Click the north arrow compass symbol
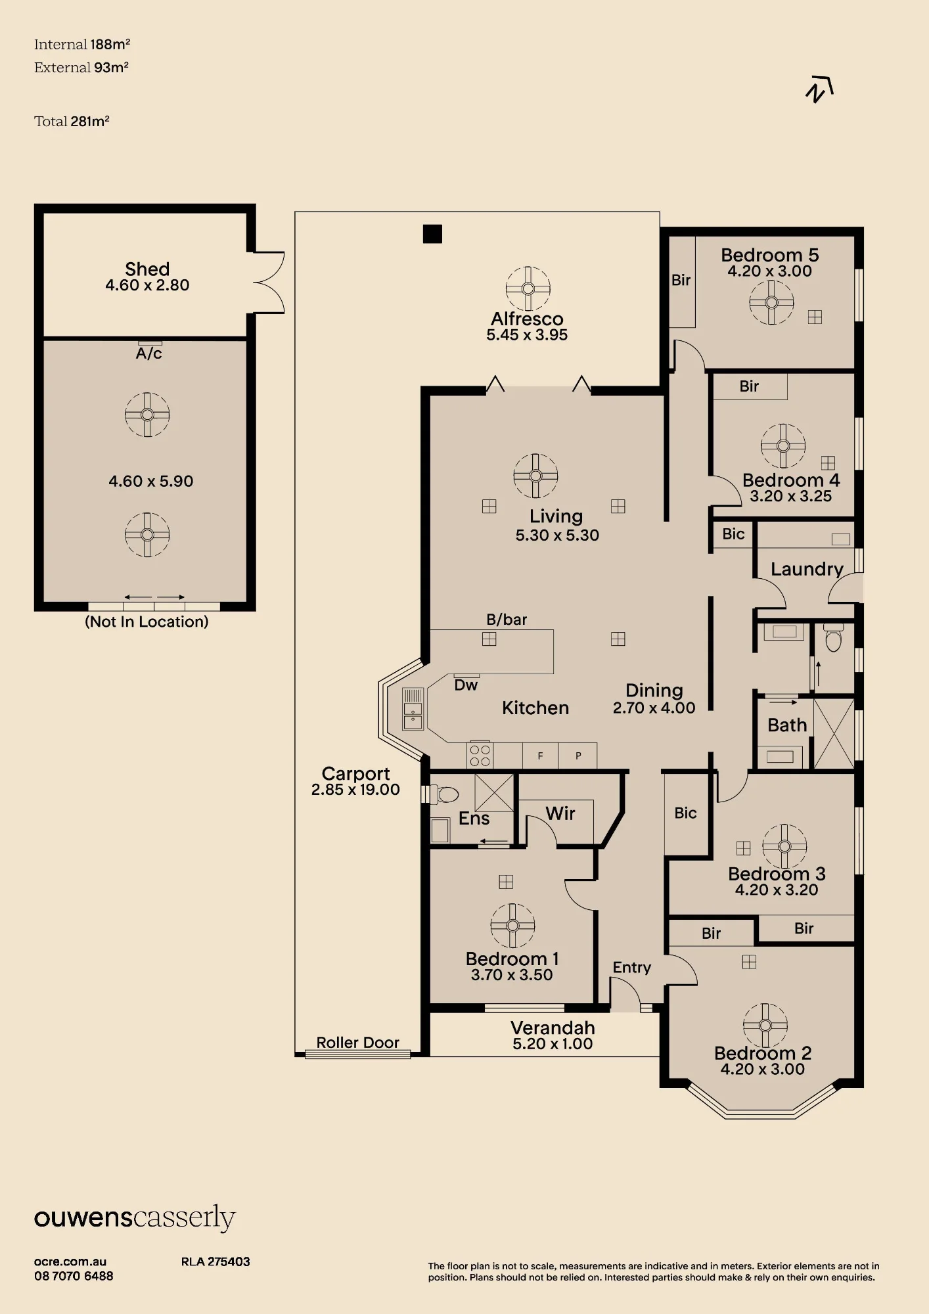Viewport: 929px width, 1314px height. click(819, 89)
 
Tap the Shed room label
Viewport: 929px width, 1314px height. click(147, 269)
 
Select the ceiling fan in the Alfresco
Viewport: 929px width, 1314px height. click(528, 288)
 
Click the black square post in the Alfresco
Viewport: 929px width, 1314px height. click(432, 234)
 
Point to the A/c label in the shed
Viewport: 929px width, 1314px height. click(148, 353)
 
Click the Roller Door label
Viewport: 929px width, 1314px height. click(358, 1043)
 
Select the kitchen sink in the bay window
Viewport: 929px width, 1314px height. click(413, 708)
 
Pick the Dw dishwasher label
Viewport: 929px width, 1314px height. click(466, 685)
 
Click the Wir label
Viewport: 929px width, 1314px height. click(560, 813)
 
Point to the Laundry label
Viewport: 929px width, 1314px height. click(807, 570)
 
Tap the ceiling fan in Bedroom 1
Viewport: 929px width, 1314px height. click(512, 926)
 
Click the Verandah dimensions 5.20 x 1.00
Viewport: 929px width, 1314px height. click(553, 1044)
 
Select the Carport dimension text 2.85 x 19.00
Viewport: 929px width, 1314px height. click(355, 790)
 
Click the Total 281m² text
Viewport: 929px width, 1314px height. click(72, 121)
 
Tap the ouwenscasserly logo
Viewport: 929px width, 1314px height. click(135, 1219)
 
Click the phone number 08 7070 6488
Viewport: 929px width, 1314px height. click(74, 1277)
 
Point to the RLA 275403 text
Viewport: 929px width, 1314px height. click(215, 1261)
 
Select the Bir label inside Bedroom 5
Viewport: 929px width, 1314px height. click(681, 281)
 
